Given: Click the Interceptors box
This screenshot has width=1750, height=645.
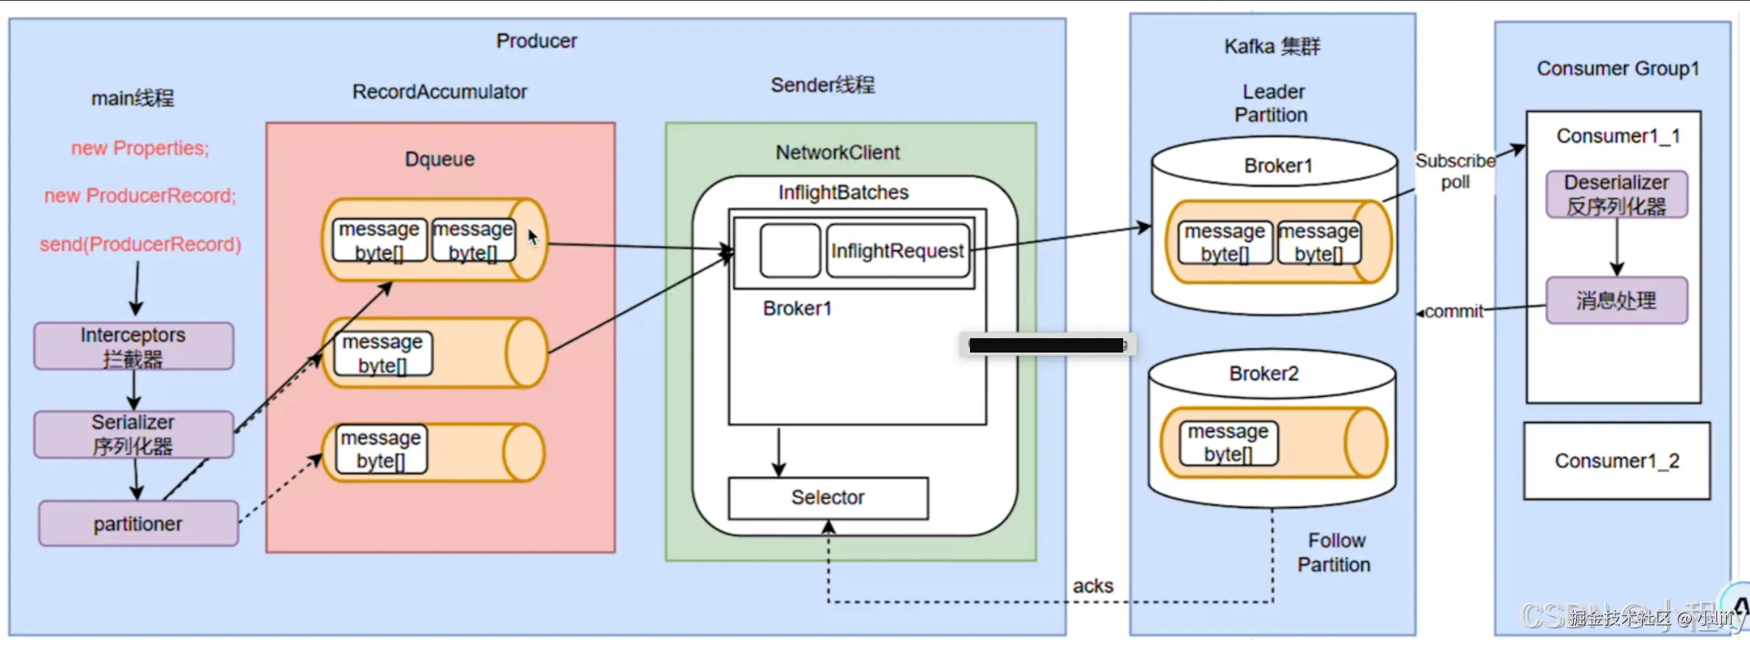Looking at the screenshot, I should coord(133,346).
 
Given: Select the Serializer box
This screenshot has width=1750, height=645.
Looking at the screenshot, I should coord(133,435).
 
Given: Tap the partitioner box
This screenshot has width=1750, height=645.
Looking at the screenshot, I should coord(138,524).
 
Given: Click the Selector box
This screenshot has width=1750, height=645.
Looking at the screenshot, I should coord(828,498).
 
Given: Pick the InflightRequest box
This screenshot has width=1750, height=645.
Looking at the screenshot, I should coord(898,251).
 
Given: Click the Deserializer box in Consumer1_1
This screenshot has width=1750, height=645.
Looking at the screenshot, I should coord(1617,195).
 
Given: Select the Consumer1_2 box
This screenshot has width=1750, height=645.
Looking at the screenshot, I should coord(1617,461).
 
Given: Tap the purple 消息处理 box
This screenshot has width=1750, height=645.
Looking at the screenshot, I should coord(1617,301).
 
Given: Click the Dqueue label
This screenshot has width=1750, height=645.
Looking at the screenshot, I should coord(440,159).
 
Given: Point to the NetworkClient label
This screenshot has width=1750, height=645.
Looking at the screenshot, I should coord(837,152).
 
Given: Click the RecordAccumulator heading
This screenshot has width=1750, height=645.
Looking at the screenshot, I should coord(440,92).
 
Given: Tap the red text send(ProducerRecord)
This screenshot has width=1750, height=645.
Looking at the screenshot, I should coord(140,245).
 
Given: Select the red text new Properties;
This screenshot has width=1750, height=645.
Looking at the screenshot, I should coord(140,148).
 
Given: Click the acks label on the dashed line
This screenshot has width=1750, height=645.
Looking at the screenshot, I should coord(1092,586).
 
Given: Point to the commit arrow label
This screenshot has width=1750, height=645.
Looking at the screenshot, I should coord(1453,312).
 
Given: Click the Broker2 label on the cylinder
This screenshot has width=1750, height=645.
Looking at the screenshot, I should coord(1263,374).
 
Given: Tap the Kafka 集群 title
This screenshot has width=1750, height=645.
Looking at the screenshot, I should coord(1272,46).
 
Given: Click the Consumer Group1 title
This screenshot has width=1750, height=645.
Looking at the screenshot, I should coord(1617,68).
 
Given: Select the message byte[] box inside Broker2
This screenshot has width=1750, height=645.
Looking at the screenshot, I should coord(1228,443).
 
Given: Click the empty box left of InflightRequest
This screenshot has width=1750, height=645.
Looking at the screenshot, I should coord(790,251).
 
